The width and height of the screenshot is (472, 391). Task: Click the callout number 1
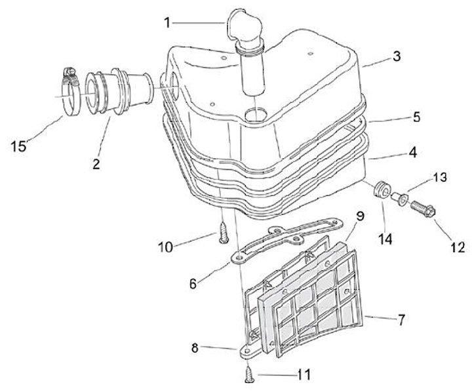167,22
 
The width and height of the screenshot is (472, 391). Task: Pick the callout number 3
395,56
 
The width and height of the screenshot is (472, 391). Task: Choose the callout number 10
165,247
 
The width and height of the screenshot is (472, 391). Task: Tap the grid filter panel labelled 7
315,302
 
